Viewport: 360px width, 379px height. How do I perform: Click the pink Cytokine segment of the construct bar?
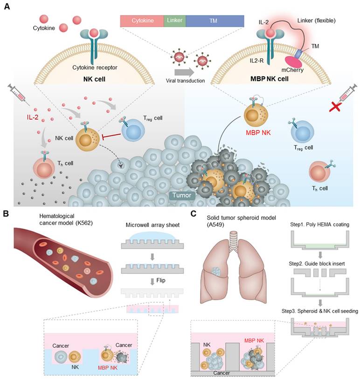(142, 21)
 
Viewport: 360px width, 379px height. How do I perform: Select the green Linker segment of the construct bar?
(174, 21)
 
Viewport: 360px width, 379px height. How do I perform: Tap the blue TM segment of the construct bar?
(215, 21)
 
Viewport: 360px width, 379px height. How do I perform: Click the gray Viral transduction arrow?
(185, 73)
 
